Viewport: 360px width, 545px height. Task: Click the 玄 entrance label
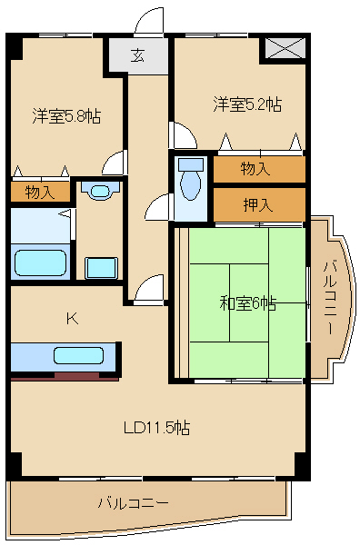(x=136, y=56)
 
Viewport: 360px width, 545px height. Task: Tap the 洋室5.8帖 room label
(x=66, y=115)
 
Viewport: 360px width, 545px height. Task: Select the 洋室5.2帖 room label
(x=247, y=104)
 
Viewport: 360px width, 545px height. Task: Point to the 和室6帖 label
(x=247, y=303)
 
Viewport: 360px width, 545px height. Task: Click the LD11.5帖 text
(x=156, y=427)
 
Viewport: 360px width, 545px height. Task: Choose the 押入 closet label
(x=258, y=204)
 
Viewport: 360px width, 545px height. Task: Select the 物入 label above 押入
(x=258, y=169)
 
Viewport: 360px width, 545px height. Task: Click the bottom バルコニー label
(x=133, y=501)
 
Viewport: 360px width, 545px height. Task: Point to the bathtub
(x=41, y=262)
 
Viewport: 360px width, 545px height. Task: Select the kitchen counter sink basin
(x=79, y=355)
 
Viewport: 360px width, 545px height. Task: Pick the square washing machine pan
(x=101, y=268)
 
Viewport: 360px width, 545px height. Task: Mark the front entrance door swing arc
(x=147, y=21)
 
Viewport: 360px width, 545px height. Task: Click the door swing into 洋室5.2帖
(x=183, y=134)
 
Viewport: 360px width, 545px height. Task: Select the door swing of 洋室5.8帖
(x=114, y=163)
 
